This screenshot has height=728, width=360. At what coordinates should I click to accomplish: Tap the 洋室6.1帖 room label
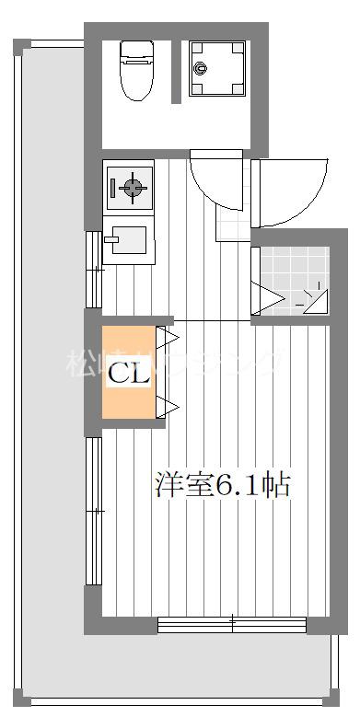(x=222, y=485)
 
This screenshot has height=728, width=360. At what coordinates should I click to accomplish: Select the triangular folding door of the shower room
(x=268, y=297)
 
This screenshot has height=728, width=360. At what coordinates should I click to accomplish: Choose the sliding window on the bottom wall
(x=232, y=624)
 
